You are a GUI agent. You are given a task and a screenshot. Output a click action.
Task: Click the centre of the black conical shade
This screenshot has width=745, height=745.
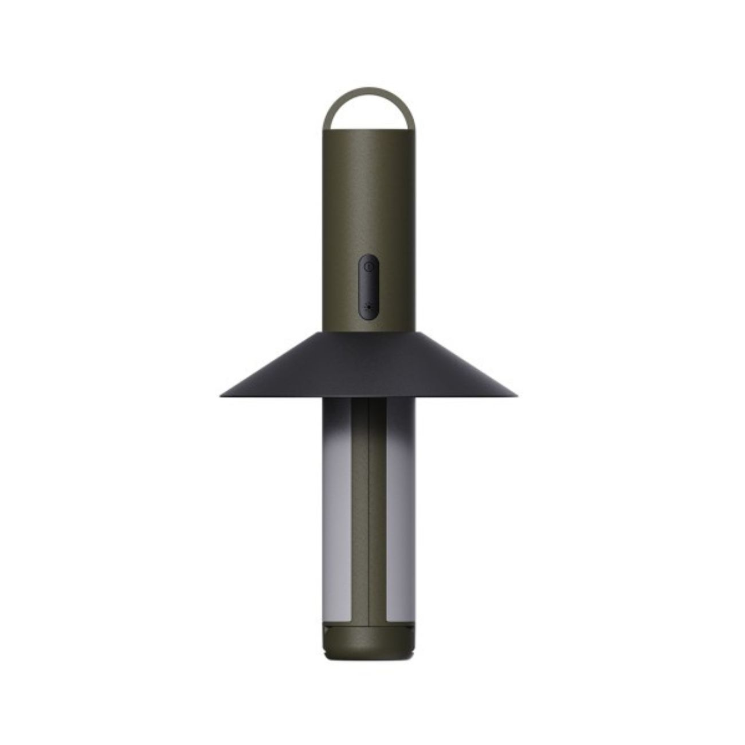coord(369,367)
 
